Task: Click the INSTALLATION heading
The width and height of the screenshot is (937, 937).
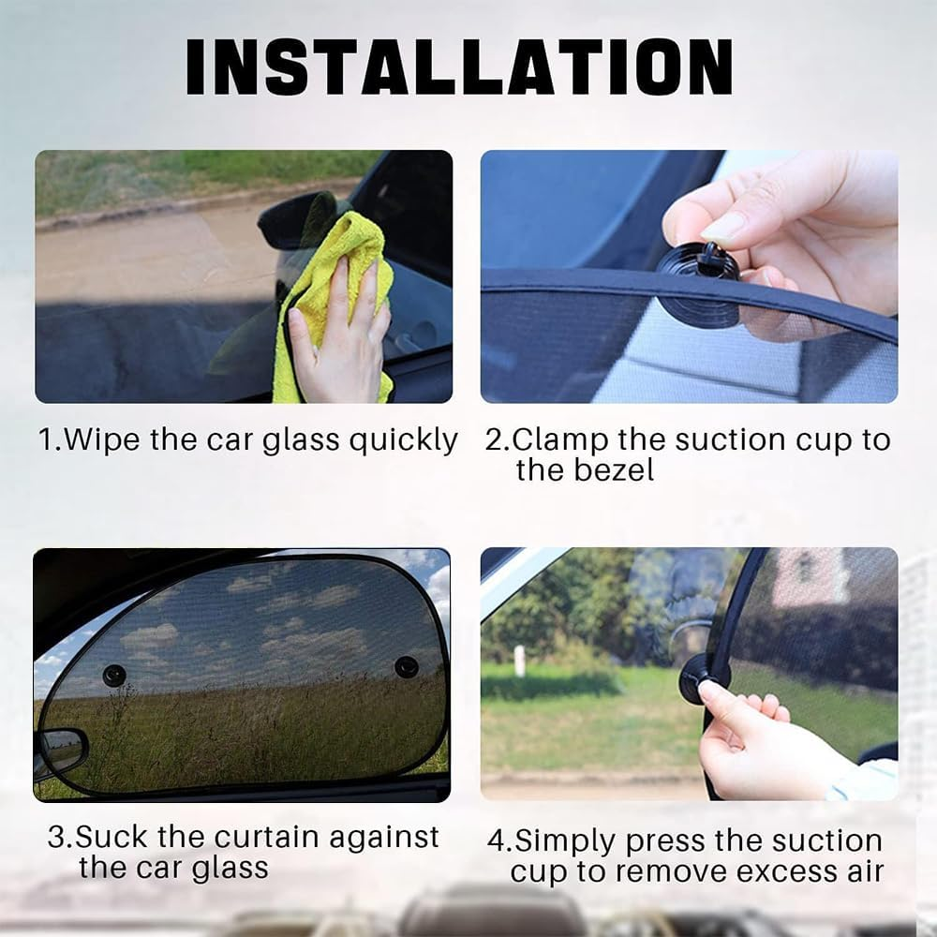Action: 459,67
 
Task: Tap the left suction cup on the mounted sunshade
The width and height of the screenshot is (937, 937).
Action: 115,674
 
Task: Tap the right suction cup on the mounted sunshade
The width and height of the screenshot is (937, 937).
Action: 406,667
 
